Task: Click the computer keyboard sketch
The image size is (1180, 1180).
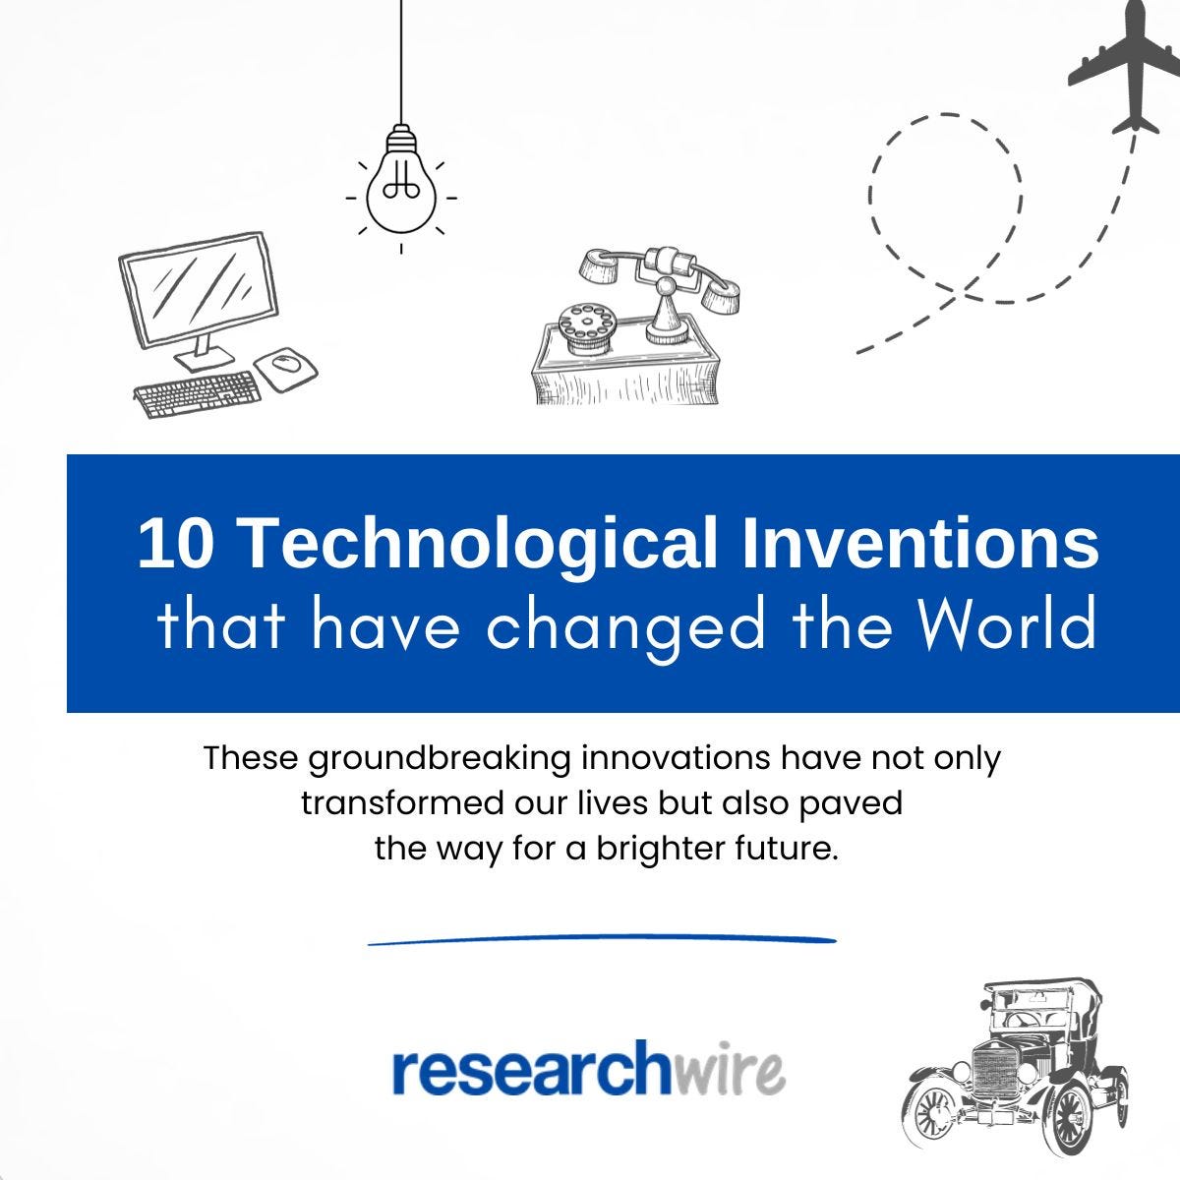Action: (x=198, y=392)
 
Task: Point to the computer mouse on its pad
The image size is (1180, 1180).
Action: (x=285, y=365)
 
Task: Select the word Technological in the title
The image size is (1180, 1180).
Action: (x=479, y=543)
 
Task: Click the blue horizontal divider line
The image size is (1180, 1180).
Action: (x=602, y=940)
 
